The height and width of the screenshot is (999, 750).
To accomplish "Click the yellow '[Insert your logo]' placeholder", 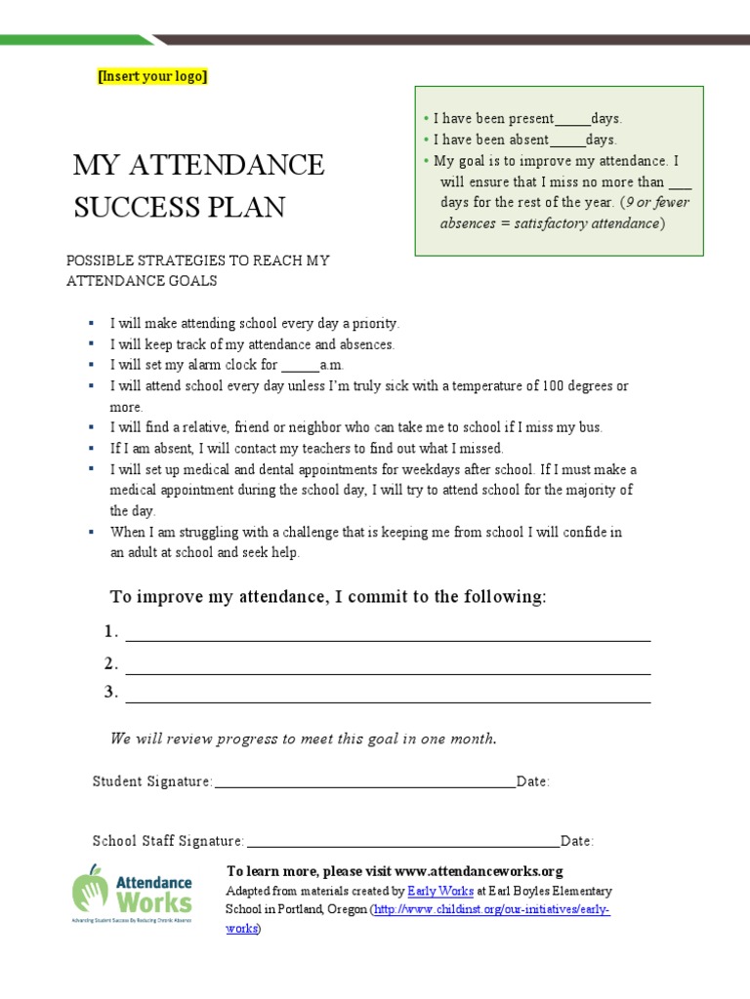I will pyautogui.click(x=152, y=77).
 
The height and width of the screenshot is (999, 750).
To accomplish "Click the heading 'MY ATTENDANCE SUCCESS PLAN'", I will pyautogui.click(x=198, y=185).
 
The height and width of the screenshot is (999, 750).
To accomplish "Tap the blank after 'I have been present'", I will pyautogui.click(x=572, y=119).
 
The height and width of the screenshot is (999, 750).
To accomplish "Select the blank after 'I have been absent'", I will pyautogui.click(x=567, y=140).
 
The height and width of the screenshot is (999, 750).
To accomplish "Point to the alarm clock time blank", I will pyautogui.click(x=300, y=366).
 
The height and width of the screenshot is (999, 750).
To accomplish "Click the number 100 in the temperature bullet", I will pyautogui.click(x=554, y=386).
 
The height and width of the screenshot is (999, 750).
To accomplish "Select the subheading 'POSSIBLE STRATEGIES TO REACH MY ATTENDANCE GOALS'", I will pyautogui.click(x=197, y=270).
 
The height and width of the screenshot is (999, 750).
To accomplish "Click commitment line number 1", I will pyautogui.click(x=388, y=635).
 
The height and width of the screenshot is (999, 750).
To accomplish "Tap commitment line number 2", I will pyautogui.click(x=388, y=667).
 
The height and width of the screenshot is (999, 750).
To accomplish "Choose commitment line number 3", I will pyautogui.click(x=388, y=696).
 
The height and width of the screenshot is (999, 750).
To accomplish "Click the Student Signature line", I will pyautogui.click(x=363, y=782).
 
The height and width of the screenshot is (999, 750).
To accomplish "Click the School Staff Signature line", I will pyautogui.click(x=401, y=842).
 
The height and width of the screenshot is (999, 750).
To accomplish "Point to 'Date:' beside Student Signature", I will pyautogui.click(x=533, y=782).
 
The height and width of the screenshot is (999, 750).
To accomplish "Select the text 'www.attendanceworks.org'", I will pyautogui.click(x=479, y=871).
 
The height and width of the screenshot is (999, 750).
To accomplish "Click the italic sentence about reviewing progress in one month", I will pyautogui.click(x=304, y=739).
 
